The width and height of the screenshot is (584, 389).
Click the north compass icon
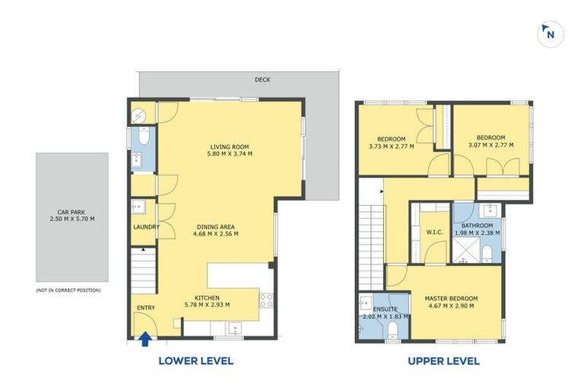point(550,34)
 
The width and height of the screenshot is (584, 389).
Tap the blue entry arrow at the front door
point(145,339)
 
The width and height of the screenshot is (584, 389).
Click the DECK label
point(262,80)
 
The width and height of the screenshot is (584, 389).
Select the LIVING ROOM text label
point(230,147)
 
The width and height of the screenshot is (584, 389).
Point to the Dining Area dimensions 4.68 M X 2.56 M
point(216,234)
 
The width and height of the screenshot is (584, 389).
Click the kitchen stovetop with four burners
point(266,300)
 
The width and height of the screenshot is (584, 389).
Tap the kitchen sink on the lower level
point(235,328)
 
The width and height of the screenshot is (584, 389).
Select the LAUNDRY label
point(146,227)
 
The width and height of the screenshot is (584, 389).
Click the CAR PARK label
point(71,212)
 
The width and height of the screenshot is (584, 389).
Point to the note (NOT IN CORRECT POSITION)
point(68,290)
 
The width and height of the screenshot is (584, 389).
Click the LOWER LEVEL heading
point(196,361)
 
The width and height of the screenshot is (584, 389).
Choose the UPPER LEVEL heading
point(443,361)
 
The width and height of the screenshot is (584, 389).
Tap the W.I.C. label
point(435,232)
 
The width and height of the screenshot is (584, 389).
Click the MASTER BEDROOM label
point(452,299)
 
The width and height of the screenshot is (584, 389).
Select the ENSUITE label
point(385,309)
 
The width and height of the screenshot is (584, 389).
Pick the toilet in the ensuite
point(392,330)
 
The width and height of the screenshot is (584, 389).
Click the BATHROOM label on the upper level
point(477,226)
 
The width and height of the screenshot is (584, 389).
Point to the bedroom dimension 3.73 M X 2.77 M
point(392,147)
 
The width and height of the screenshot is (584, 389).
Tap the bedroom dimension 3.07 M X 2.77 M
point(491,145)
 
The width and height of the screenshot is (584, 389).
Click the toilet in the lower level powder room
point(144,135)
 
